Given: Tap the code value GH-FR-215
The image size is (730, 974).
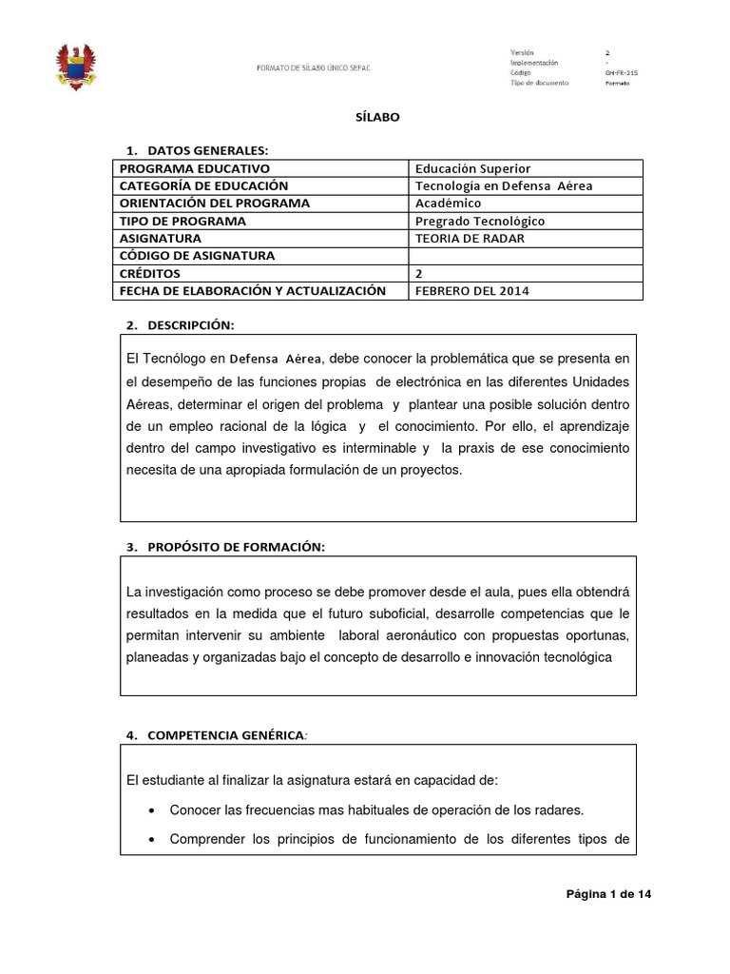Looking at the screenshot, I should coord(623,72).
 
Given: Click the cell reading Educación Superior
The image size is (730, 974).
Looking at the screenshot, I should coord(473,168).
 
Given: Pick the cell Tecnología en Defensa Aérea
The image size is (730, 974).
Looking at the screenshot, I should coord(504,185).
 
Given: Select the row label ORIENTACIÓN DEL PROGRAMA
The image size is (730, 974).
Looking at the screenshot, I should coord(215,204).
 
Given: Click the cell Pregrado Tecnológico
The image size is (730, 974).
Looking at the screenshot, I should coord(481,221).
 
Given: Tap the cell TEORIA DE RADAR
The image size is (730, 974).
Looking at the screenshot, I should coord(470,238).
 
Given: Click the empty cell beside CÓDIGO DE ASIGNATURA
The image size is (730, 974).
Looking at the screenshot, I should coord(525,256).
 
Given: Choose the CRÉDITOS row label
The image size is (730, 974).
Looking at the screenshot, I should coord(155,273).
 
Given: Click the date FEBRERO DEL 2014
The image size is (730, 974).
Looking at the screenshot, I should coord(472,290).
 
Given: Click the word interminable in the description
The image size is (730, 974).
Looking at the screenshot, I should coord(370,447).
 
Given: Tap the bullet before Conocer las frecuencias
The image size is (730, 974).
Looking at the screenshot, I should coord(153,811).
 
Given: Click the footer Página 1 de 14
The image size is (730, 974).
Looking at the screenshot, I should coord(608,894).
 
